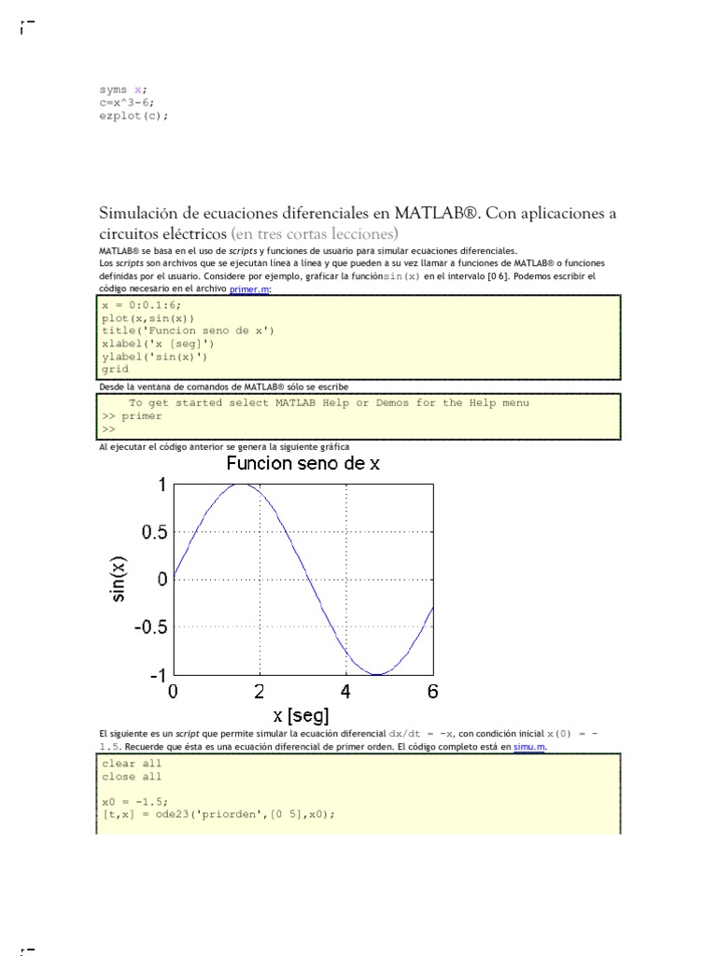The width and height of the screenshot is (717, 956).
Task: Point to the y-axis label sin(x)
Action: point(119,579)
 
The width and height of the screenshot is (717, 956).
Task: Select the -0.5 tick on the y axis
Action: point(151,627)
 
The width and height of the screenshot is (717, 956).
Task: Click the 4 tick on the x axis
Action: point(345,692)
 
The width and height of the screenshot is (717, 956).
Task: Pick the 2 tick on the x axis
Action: point(260,692)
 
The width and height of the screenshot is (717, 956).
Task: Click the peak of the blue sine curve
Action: point(242,485)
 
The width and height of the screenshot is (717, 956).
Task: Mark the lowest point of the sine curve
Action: point(376,674)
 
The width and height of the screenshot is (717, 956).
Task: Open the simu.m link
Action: point(529,747)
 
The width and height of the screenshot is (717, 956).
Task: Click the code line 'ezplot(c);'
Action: point(134,116)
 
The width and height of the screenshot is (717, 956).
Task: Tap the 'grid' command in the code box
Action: point(116,369)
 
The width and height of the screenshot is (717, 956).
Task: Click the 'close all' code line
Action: point(132,776)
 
